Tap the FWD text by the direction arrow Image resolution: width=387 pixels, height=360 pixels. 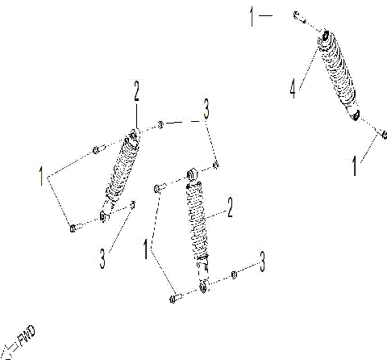click(26, 334)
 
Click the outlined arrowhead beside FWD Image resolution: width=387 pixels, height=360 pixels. click(8, 350)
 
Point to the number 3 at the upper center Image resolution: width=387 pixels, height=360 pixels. click(206, 108)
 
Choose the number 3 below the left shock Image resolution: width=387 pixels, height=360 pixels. click(103, 257)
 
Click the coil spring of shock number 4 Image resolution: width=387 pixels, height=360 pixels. click(339, 77)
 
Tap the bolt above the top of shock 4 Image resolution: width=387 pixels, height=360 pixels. click(298, 16)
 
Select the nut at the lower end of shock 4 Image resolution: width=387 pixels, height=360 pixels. click(385, 134)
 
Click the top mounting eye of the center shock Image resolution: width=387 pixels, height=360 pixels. click(192, 174)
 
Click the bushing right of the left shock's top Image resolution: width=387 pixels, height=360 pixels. click(162, 124)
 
